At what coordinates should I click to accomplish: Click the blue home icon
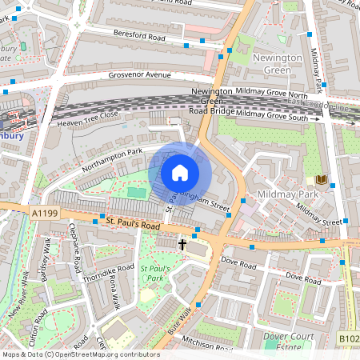coord(180,172)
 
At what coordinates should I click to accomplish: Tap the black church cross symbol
coord(182,244)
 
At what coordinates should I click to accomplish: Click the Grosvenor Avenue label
coord(140,75)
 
